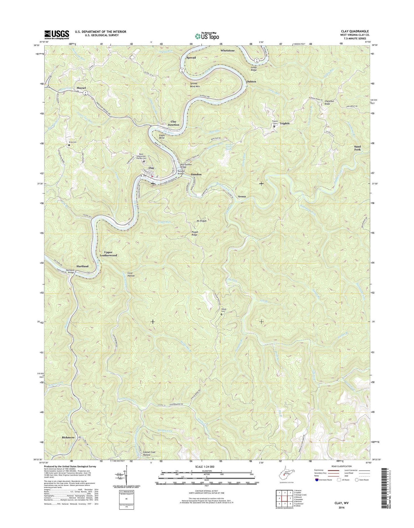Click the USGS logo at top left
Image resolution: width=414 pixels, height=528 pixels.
pyautogui.click(x=57, y=34)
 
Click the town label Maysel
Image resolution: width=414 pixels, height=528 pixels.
pyautogui.click(x=81, y=88)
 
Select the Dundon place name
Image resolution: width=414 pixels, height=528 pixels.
pyautogui.click(x=196, y=174)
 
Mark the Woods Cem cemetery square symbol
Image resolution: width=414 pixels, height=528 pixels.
pyautogui.click(x=221, y=314)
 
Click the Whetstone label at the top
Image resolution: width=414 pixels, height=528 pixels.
pyautogui.click(x=227, y=50)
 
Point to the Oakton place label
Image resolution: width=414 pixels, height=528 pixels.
pyautogui.click(x=251, y=82)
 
